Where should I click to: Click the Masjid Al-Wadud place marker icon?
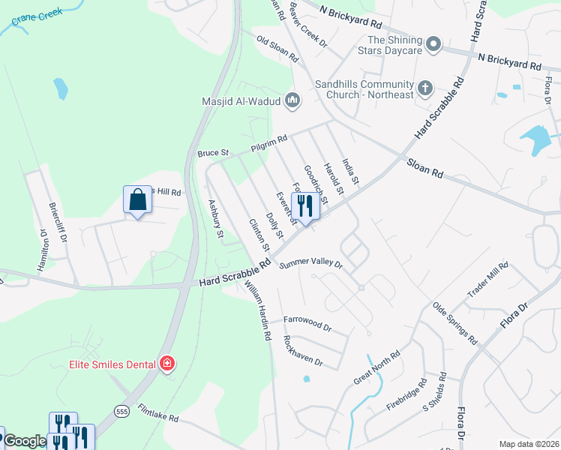tap(292, 100)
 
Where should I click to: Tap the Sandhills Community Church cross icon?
tap(424, 88)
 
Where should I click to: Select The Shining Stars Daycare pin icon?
tap(433, 46)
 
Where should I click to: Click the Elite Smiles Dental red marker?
tap(167, 364)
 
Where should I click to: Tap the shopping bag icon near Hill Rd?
tap(137, 200)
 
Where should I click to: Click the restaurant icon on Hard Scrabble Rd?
tap(305, 204)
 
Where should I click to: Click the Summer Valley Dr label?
tap(310, 265)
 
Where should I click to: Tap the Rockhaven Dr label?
tap(302, 350)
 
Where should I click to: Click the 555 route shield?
tap(122, 410)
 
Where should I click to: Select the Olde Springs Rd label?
tap(454, 323)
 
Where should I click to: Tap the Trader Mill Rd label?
tap(487, 279)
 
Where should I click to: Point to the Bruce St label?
tap(207, 153)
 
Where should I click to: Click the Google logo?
tap(25, 441)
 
